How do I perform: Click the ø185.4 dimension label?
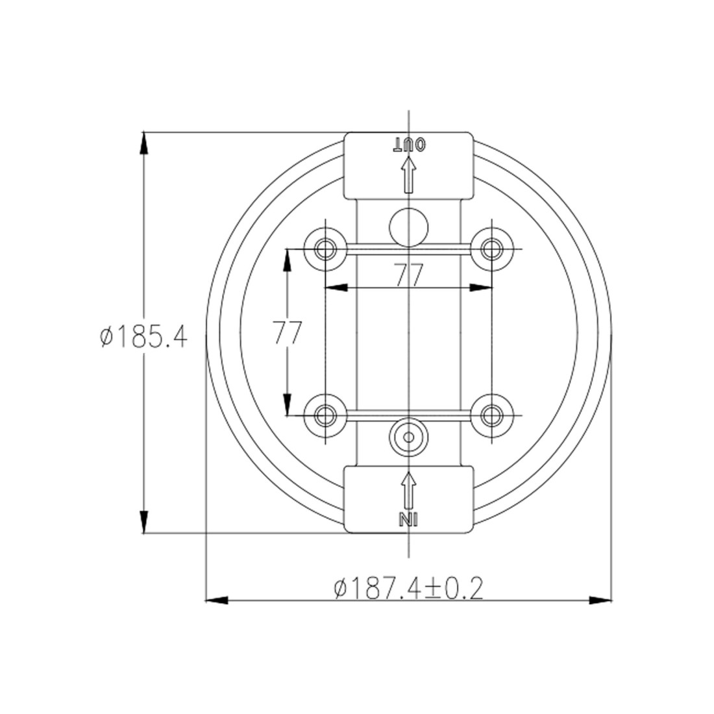pos(143,338)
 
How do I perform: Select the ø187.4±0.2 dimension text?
pos(408,589)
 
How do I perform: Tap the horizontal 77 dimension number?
pos(409,275)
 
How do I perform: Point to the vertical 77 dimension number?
pos(288,332)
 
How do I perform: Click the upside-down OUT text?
pos(410,145)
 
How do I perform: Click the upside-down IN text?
pos(408,519)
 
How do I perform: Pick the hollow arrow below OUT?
pos(409,175)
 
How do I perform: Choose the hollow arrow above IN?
pos(409,491)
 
